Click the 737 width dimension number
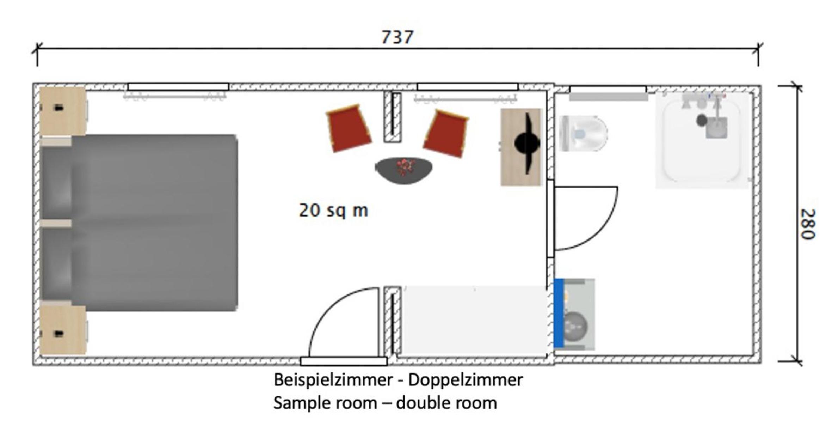coord(397,37)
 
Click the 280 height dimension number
coord(808,224)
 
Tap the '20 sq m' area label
coord(333,210)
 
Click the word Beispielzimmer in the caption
coord(333,380)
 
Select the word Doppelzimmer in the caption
coord(466,380)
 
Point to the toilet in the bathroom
coord(583,133)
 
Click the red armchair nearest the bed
coord(348,128)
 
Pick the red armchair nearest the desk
coord(446,133)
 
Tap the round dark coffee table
coord(403,170)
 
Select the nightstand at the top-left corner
coord(63,111)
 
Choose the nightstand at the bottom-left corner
coord(63,330)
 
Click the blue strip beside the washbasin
coord(559,313)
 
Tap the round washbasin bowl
coord(575,327)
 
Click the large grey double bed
coord(139,223)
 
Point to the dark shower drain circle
coord(702,120)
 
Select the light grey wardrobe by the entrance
coord(475,320)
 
